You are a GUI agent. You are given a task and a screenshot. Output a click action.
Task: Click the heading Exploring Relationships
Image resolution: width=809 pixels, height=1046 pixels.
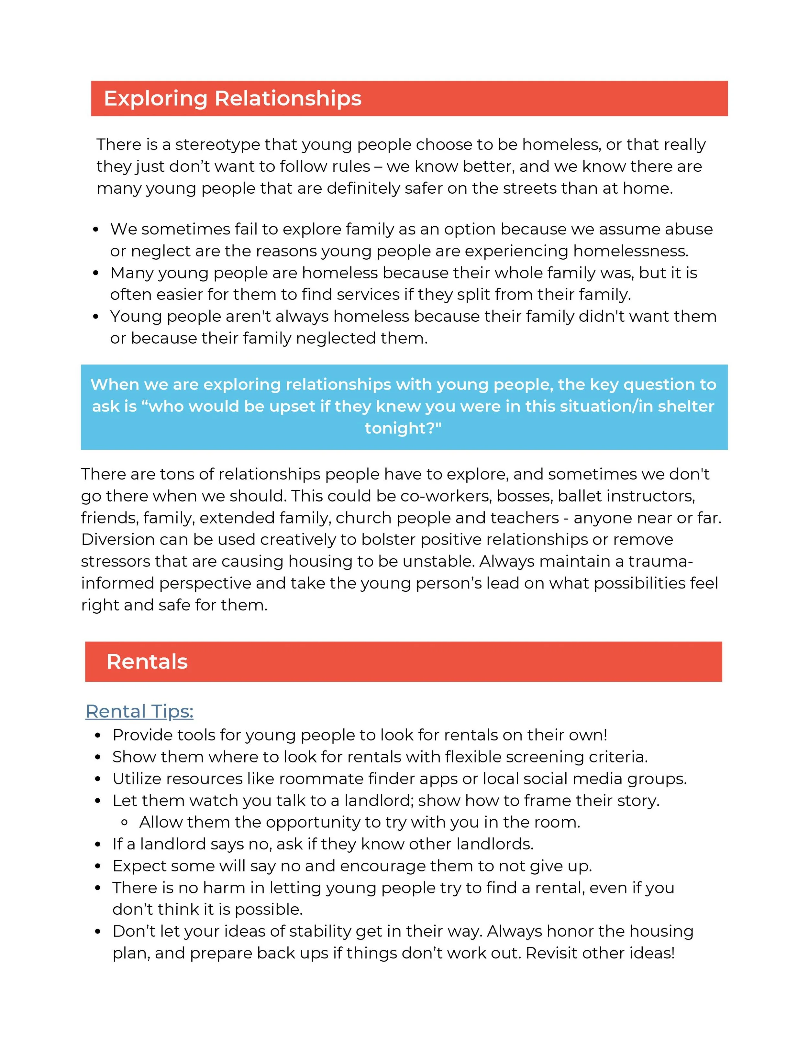tap(232, 98)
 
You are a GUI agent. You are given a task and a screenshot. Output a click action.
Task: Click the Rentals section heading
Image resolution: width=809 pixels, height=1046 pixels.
tap(147, 662)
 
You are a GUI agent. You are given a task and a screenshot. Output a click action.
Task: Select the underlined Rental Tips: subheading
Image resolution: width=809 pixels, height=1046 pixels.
tap(139, 711)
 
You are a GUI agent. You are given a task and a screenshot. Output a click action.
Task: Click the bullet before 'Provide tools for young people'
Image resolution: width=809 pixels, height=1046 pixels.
tap(98, 735)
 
